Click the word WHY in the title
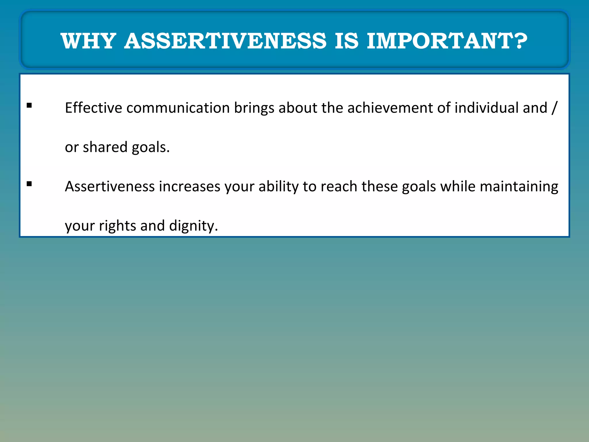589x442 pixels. pos(88,41)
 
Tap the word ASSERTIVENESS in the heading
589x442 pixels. pos(225,41)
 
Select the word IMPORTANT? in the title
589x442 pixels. pos(447,41)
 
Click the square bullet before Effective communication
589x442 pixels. pos(29,105)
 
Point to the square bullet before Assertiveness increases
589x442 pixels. pos(29,184)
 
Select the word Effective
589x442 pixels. pos(93,108)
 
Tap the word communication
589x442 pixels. pos(178,108)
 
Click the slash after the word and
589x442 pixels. pos(554,108)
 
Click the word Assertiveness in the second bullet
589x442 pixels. pos(110,186)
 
